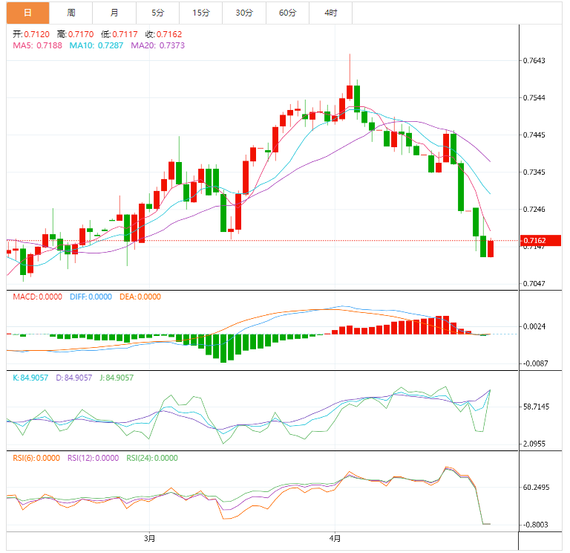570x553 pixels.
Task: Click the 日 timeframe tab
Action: [27, 13]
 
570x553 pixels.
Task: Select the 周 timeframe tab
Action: [71, 13]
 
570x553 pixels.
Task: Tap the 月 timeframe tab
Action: [114, 13]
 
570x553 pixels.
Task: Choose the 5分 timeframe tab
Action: [157, 13]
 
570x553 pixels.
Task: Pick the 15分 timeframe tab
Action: [200, 13]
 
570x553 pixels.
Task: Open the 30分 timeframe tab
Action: [243, 13]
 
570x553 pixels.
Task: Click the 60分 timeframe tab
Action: [287, 13]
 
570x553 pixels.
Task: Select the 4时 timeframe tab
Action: [330, 13]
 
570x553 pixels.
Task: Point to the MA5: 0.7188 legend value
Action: [38, 45]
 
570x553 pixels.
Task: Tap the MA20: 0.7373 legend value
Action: [158, 45]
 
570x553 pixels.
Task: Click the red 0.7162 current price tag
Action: [540, 241]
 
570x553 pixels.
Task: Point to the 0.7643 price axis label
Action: [534, 60]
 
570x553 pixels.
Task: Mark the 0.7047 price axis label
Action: [534, 283]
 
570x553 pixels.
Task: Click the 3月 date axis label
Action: [149, 537]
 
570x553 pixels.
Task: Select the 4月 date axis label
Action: [335, 537]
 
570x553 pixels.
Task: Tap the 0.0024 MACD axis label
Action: [534, 326]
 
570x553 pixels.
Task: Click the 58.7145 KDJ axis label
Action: [536, 407]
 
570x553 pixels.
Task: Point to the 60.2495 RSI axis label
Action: [536, 488]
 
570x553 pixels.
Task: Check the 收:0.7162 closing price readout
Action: [163, 34]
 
